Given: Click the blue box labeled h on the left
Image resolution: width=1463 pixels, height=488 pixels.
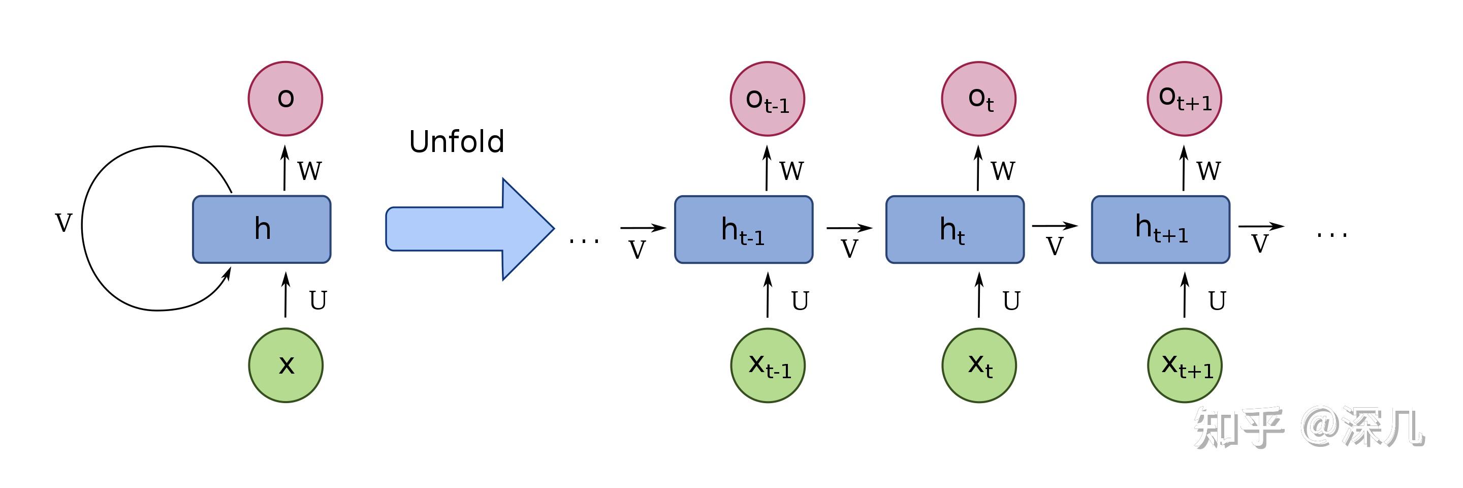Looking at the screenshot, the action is (262, 230).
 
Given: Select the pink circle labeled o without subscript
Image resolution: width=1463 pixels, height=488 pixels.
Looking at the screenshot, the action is (285, 99).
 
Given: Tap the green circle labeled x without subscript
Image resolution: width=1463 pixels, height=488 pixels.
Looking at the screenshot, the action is (285, 365).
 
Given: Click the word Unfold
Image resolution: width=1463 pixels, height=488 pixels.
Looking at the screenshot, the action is (457, 141).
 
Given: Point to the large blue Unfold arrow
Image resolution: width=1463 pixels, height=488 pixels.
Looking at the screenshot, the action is (470, 229).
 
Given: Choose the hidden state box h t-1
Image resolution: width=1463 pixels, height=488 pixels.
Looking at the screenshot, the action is (743, 230).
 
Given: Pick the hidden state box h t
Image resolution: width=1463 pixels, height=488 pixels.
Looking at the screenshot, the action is (955, 230).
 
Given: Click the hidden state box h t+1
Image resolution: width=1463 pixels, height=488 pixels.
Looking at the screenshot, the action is (1160, 230).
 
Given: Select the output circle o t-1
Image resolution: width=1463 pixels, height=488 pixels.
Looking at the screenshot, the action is (767, 99).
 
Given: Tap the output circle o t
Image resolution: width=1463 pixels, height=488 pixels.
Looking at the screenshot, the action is (978, 99).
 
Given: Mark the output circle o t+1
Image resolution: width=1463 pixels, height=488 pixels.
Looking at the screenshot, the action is (1184, 99).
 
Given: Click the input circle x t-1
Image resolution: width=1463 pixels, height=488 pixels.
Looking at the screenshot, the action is (768, 365).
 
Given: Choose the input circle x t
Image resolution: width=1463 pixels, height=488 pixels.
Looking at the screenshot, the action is (979, 365).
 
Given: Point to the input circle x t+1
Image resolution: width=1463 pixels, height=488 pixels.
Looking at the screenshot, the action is (1185, 365).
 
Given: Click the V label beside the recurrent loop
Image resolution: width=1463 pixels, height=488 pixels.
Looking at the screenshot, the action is (63, 223).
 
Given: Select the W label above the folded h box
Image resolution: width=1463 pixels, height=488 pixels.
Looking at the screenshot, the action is (309, 170).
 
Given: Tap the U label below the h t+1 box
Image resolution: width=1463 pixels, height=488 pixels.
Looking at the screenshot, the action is (1217, 300).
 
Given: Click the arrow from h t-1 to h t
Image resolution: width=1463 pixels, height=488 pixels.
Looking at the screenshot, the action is (849, 228).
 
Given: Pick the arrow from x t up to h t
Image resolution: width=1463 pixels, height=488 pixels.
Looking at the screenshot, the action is (979, 295).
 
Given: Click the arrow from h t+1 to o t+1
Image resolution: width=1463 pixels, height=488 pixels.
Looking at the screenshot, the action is (1184, 168).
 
